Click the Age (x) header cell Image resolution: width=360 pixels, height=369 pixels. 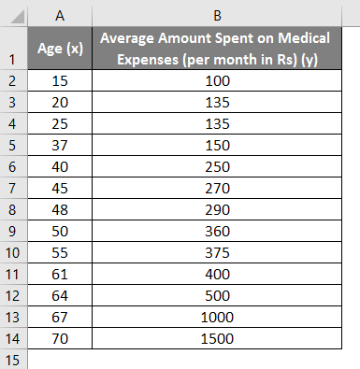[60, 50]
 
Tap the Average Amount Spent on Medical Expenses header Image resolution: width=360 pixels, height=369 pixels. [215, 50]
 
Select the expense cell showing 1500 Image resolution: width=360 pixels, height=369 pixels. [215, 338]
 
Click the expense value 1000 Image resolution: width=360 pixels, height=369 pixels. [215, 317]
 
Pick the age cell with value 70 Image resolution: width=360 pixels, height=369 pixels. [60, 338]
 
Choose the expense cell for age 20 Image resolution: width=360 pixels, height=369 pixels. [215, 103]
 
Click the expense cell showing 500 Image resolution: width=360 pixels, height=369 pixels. [215, 296]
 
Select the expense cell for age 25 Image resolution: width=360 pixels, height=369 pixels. [215, 124]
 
